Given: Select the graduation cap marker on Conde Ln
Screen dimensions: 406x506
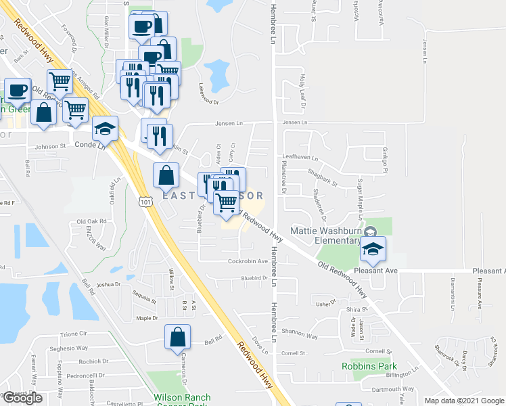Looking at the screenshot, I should pyautogui.click(x=105, y=129).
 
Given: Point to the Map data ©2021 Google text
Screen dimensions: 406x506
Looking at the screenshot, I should pyautogui.click(x=463, y=401).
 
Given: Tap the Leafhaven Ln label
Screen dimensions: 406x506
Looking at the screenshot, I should pyautogui.click(x=300, y=157).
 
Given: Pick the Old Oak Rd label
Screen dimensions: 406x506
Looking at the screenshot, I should pyautogui.click(x=92, y=221).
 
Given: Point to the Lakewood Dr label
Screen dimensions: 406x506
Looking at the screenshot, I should pyautogui.click(x=208, y=96).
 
